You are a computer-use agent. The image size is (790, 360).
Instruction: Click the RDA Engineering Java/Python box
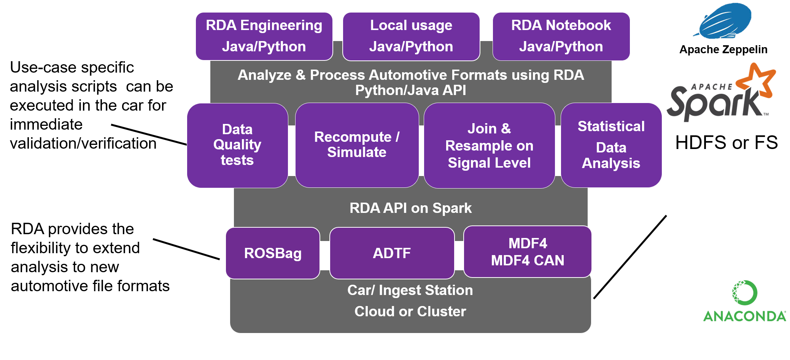click(264, 36)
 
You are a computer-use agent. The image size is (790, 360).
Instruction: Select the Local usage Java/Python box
click(411, 36)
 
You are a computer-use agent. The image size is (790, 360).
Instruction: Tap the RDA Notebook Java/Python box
click(561, 36)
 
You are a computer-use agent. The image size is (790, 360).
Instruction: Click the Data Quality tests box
click(237, 145)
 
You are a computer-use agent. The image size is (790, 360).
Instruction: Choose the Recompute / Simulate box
click(357, 145)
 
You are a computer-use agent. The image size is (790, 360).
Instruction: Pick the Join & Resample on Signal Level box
click(489, 146)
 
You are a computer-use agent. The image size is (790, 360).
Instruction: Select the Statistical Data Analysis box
click(611, 145)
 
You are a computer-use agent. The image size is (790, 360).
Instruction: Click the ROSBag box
click(273, 253)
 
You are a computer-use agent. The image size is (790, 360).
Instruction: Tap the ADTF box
click(392, 253)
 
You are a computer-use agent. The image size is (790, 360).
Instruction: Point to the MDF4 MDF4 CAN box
click(528, 252)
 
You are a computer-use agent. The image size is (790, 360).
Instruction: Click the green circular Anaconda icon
click(744, 292)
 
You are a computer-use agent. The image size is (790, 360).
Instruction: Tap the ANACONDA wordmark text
click(744, 316)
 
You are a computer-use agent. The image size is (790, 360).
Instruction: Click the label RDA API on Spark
click(410, 208)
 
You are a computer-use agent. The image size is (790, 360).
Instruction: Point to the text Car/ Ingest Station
click(410, 290)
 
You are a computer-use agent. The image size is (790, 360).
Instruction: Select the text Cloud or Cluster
click(410, 311)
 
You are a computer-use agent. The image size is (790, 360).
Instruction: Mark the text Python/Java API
click(410, 90)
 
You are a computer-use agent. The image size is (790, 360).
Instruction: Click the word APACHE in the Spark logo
click(711, 87)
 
